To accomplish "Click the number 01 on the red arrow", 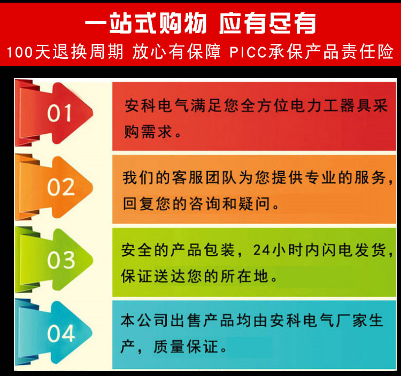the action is [59, 113].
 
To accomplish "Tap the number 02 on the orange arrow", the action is [61, 187].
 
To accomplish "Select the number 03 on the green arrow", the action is [61, 260].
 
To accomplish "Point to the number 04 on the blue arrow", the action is [61, 333].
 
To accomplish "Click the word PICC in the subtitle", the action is [248, 52].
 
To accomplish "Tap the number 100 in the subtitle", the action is [20, 52].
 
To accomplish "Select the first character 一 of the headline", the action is [96, 24].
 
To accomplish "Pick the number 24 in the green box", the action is [261, 250].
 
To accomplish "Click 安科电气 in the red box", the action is [157, 106].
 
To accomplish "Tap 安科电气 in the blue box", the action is [302, 320].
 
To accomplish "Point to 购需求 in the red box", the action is [148, 132].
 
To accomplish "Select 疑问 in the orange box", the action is [254, 204].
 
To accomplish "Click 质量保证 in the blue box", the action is [186, 347].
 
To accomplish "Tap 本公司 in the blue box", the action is [144, 320].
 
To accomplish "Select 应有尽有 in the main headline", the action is [267, 24].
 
